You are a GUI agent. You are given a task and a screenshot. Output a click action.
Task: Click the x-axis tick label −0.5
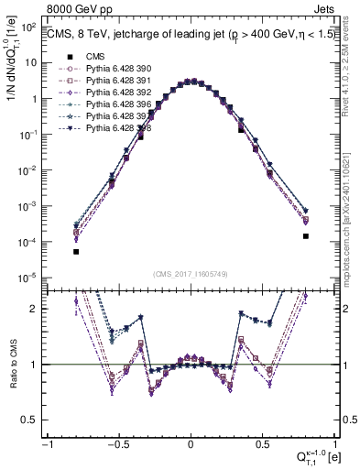(x=117, y=443)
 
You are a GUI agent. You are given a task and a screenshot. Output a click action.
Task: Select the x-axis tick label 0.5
(x=263, y=443)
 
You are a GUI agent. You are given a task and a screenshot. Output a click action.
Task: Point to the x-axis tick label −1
(x=46, y=443)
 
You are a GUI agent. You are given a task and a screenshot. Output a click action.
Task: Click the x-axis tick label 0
(x=191, y=443)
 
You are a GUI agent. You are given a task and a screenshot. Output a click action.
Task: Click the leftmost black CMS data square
(x=76, y=252)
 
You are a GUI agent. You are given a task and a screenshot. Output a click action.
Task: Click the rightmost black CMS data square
(x=306, y=236)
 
